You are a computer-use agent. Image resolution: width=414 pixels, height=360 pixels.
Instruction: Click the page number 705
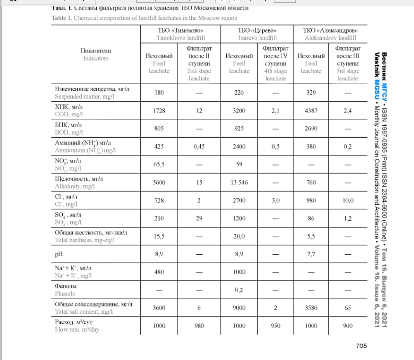pos(361,345)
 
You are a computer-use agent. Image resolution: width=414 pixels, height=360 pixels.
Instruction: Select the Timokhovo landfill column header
pos(180,34)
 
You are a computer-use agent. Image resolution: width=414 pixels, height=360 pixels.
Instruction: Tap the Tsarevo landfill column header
pos(257,34)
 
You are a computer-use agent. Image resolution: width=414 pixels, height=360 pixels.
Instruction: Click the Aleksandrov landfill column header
pos(329,34)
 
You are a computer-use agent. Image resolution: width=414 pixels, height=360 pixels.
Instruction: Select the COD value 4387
pos(311,111)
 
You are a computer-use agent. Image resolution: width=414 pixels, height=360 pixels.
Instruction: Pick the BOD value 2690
pos(311,128)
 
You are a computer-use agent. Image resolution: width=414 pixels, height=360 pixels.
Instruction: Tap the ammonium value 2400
pos(239,147)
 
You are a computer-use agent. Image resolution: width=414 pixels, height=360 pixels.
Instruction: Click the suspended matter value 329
pos(311,93)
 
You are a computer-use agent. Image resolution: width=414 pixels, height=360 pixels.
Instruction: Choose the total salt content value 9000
pos(239,308)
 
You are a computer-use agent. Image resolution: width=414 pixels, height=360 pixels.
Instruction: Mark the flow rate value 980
pos(199,325)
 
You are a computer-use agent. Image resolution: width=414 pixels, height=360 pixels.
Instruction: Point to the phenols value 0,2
pos(239,290)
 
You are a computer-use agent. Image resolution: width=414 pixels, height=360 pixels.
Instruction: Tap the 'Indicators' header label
pos(96,58)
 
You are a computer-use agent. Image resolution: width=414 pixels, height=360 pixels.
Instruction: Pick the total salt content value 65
pos(348,308)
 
